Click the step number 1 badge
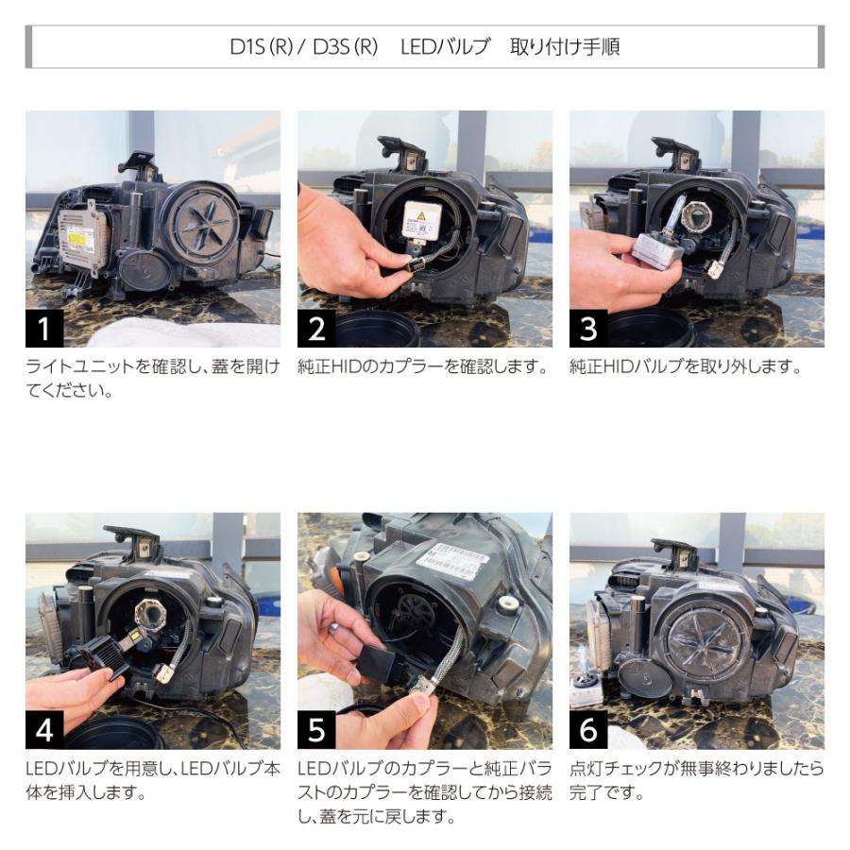tap(44, 329)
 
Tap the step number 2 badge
tap(316, 329)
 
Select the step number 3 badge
tap(588, 329)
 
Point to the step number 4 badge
tap(44, 730)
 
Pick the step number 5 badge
tap(316, 730)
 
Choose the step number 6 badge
tap(588, 730)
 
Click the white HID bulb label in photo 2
tap(420, 221)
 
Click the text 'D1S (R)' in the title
tap(262, 47)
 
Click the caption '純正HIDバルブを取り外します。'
tap(685, 367)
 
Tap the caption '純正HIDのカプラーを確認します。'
tap(422, 367)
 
